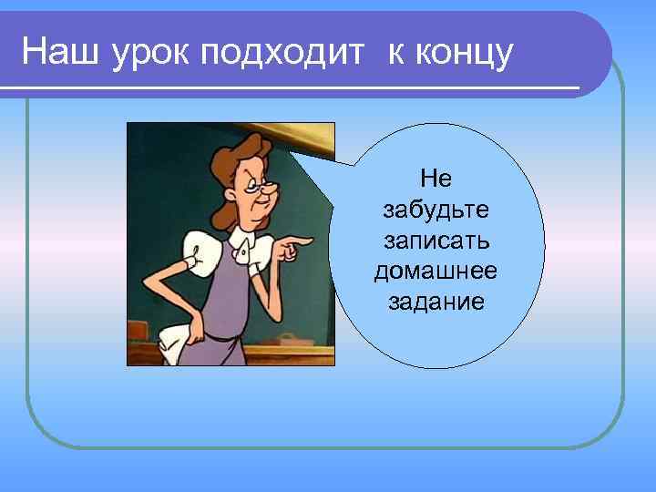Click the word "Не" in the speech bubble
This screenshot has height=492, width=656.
[436, 179]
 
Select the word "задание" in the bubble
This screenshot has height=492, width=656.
[436, 302]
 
